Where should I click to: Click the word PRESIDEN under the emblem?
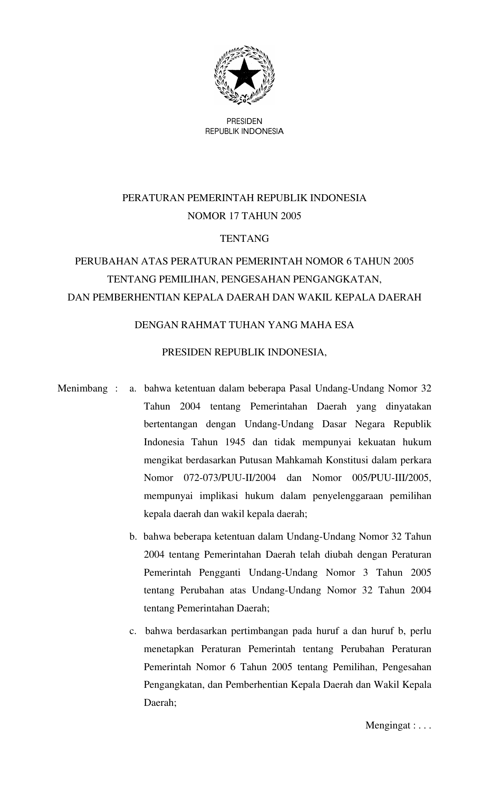pos(244,122)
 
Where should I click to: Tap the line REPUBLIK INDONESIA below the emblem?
pos(244,132)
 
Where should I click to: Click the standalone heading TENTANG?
pos(244,239)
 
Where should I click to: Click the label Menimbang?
pos(82,388)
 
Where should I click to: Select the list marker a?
pos(133,388)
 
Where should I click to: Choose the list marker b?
pos(133,537)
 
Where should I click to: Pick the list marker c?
pos(133,631)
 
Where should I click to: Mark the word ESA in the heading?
pos(344,325)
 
